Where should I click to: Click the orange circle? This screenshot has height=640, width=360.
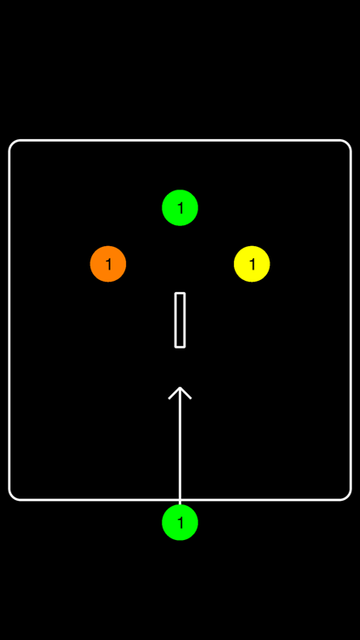(x=108, y=264)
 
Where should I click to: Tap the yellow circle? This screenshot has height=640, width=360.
(x=252, y=264)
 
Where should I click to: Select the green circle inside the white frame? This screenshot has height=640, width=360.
(x=180, y=208)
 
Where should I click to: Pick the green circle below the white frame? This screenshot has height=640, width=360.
(x=180, y=523)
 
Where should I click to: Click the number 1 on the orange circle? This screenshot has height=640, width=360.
(x=108, y=264)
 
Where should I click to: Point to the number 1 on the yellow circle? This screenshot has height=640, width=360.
(x=252, y=264)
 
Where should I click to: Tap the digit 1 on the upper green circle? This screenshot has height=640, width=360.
(x=180, y=208)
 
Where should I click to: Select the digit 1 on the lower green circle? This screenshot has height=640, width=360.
(x=180, y=523)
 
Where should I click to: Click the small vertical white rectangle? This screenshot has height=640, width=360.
(x=180, y=320)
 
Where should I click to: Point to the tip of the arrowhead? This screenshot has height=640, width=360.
(x=180, y=387)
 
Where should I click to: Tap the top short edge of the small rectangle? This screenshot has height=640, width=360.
(x=180, y=293)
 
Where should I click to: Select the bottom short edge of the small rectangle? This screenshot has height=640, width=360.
(x=180, y=347)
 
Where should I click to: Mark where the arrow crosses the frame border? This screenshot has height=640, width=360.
(x=180, y=500)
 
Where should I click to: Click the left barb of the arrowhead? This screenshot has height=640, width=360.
(x=174, y=393)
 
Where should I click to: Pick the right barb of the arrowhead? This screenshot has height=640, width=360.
(x=186, y=393)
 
